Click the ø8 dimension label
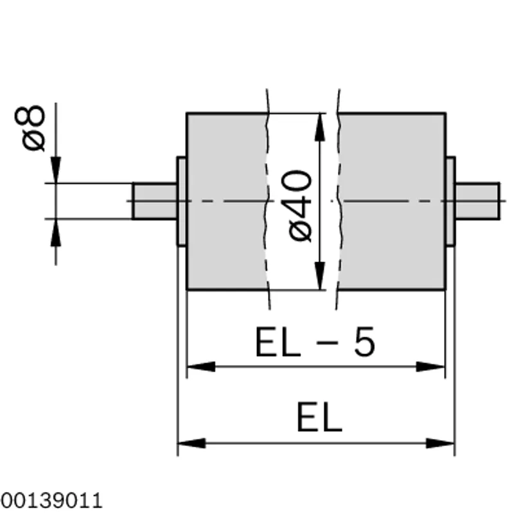click(30, 128)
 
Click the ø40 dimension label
click(299, 206)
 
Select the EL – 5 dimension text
click(315, 342)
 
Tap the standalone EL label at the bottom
click(319, 417)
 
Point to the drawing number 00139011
click(51, 501)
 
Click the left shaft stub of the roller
click(155, 201)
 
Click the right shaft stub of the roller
click(477, 201)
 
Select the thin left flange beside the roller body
click(182, 201)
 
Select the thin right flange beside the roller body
click(450, 201)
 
